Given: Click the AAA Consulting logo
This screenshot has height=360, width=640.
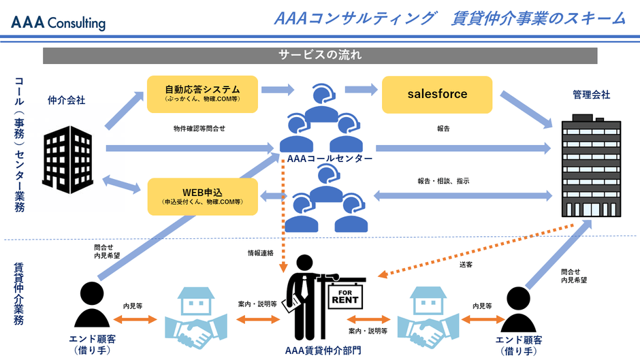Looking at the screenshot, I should pos(58,22).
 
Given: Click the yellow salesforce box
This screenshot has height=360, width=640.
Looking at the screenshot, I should pos(437,95).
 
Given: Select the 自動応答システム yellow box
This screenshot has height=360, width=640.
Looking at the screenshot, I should pos(202,94).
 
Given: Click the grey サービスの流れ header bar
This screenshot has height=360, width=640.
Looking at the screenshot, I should pos(319,55).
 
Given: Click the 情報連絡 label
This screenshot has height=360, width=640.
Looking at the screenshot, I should pos(261,253).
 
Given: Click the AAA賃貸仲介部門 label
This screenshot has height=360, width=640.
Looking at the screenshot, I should pos(323,350).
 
